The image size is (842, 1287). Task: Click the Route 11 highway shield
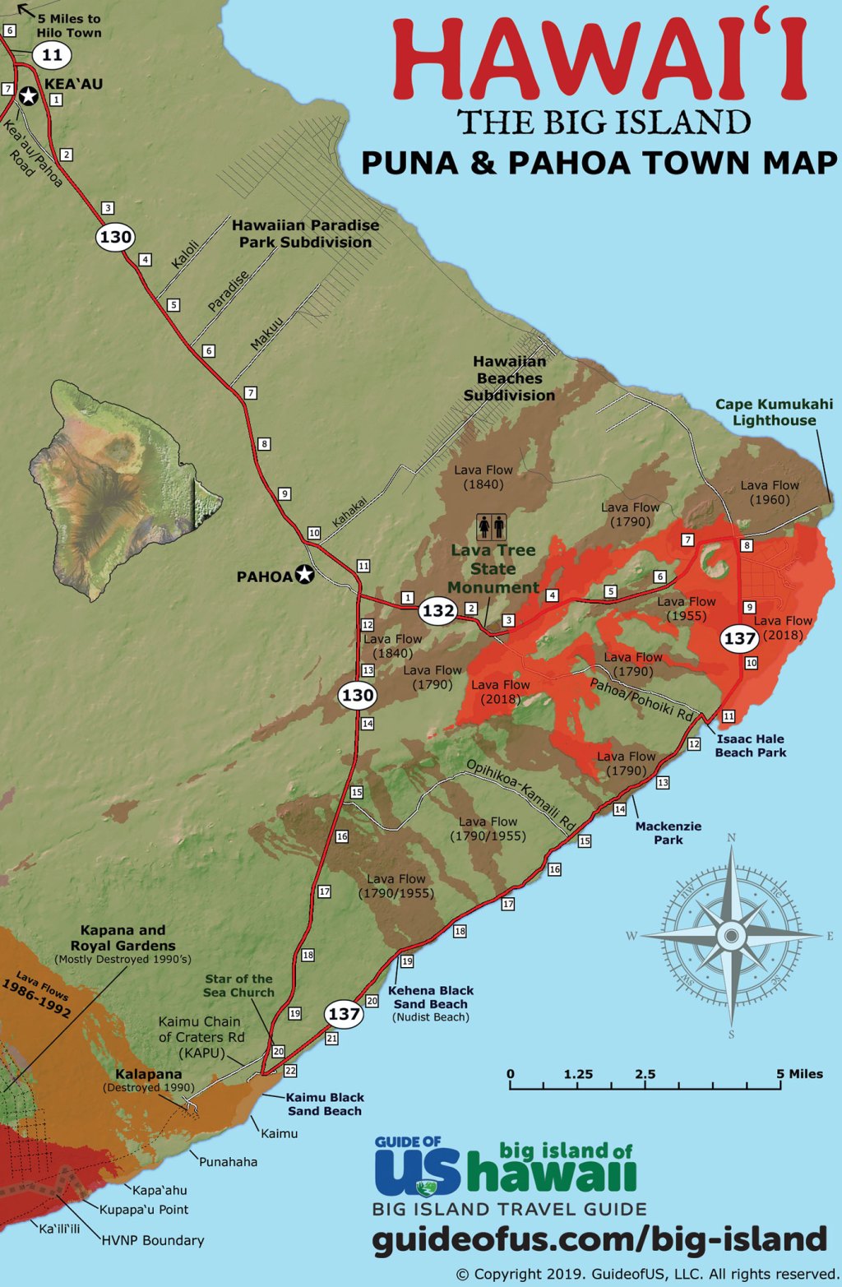(x=52, y=56)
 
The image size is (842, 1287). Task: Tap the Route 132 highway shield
(x=438, y=610)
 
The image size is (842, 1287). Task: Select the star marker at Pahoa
(x=305, y=575)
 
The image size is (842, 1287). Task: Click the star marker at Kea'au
(x=29, y=97)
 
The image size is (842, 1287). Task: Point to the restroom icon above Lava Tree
(x=492, y=526)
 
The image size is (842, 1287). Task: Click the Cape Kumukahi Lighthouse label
(x=773, y=412)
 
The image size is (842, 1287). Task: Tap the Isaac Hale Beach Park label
(x=750, y=746)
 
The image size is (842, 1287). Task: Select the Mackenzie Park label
(x=668, y=832)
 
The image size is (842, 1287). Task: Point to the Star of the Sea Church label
(x=238, y=985)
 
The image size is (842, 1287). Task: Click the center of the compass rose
(x=731, y=936)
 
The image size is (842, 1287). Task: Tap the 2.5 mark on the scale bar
(x=645, y=1074)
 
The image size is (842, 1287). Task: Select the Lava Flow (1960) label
(x=769, y=492)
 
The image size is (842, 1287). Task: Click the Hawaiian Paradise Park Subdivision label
(x=305, y=234)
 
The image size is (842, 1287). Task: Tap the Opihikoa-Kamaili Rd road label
(x=520, y=794)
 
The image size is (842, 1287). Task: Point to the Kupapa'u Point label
(x=144, y=1209)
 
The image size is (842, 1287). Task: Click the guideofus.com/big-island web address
(x=599, y=1238)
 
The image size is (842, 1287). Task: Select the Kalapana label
(x=148, y=1074)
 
